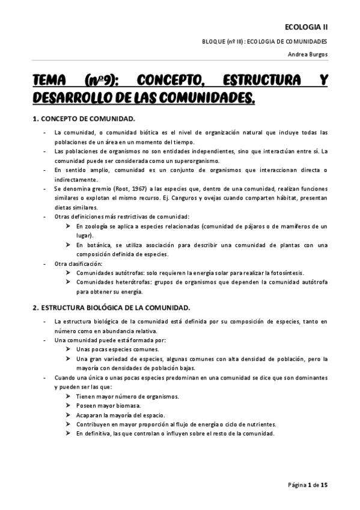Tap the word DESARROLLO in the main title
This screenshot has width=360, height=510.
pos(72,97)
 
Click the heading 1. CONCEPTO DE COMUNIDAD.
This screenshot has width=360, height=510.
pos(84,118)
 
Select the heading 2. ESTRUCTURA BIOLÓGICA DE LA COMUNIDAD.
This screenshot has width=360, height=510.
pos(111,307)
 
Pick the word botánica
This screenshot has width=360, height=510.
pos(96,245)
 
